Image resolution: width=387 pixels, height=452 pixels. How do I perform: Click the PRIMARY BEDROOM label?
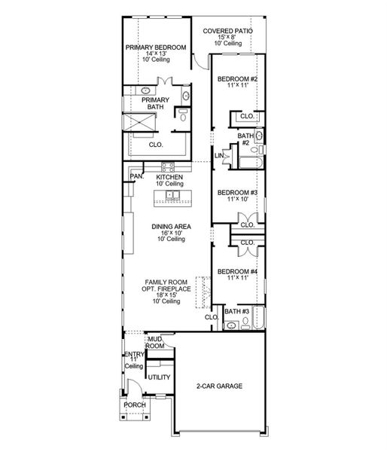point(156,47)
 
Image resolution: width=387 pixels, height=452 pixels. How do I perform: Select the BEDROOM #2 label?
point(238,80)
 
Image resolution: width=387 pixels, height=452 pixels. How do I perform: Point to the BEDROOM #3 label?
point(238,194)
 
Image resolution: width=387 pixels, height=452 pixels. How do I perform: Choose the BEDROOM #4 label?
point(238,271)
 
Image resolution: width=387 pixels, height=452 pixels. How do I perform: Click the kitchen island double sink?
point(172,197)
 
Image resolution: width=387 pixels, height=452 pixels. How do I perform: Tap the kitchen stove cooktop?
point(166,166)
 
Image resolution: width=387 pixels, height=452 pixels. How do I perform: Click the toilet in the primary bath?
point(183,115)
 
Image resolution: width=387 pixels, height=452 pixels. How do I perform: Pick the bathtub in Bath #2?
point(248,161)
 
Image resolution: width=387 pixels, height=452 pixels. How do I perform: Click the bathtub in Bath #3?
point(259,320)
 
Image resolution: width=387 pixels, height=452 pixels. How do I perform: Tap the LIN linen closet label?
point(218,156)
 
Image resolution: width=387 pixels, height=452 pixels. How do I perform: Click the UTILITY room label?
point(158,377)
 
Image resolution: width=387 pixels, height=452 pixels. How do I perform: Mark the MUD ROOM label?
point(155,343)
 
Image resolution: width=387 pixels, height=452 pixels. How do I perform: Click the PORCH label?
point(135,405)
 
